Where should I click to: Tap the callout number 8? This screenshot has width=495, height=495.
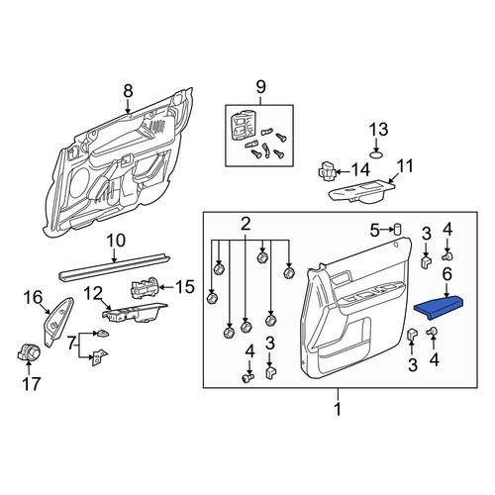coord(128,91)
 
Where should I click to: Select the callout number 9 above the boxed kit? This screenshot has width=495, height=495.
coord(260,87)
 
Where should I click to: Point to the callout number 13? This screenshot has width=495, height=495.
coord(378,130)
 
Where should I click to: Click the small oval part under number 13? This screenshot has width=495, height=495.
coord(376,154)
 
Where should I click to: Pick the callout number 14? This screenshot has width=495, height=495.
coord(359,170)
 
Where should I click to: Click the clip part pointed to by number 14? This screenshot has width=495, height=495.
coord(328,171)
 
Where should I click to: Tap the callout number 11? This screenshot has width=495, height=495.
coord(405,166)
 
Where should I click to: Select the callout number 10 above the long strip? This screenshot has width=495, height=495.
coord(116,241)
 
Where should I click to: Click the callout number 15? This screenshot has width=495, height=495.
coord(185,287)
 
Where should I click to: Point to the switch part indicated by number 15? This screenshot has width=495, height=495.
coord(146,287)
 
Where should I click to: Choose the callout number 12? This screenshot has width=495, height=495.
coord(93,293)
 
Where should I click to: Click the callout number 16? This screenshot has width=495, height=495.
coord(33,297)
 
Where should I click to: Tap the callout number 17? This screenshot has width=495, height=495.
coord(32,384)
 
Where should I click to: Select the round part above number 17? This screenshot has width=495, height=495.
coord(29,352)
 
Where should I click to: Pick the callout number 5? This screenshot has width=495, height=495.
coord(374,231)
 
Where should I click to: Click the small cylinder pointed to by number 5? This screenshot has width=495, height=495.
coord(397,229)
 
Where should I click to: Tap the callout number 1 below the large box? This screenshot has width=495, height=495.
coord(338,410)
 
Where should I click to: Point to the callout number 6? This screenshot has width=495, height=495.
coord(446,274)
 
